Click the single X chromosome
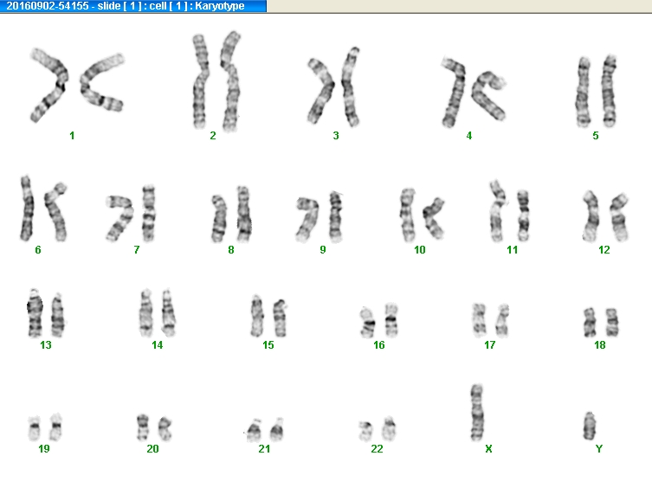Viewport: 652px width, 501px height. point(476,413)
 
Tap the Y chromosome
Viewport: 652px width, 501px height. point(589,426)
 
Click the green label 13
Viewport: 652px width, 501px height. point(46,344)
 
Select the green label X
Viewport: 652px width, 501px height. point(488,449)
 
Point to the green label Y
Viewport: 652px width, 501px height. point(599,449)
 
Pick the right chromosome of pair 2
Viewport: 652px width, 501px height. point(230,81)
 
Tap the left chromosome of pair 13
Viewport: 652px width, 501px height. point(35,313)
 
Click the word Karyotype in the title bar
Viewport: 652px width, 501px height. point(220,6)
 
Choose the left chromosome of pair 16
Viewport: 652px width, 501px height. point(368,322)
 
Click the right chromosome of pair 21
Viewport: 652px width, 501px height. point(277,429)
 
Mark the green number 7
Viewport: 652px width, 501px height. point(137,250)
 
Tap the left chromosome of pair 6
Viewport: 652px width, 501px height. point(27,209)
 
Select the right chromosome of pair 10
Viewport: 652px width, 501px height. point(434,218)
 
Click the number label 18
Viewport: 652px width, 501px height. point(599,344)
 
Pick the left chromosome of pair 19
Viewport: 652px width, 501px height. point(34,427)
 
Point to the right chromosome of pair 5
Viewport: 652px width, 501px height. point(609,91)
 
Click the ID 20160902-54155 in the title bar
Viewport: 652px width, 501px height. point(48,6)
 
